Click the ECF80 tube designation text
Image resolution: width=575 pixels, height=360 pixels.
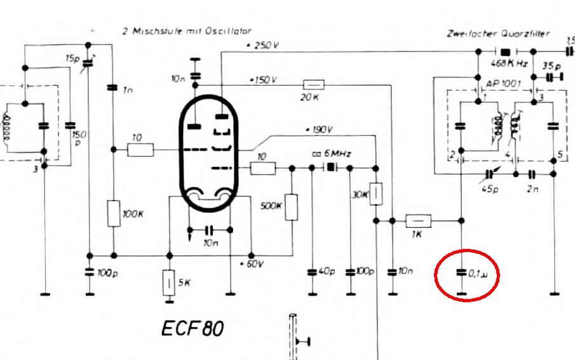[193, 329]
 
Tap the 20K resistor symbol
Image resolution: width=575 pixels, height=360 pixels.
[314, 84]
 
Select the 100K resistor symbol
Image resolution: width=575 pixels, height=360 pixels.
[113, 213]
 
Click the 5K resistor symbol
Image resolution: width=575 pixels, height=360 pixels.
[169, 283]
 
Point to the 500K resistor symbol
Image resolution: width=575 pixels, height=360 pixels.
[292, 206]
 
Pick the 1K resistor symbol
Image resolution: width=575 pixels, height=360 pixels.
[418, 221]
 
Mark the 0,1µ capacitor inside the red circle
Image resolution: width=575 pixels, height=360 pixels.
[462, 274]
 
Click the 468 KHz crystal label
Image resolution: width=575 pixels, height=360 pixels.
[509, 64]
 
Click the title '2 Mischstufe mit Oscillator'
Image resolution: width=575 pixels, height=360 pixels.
[187, 30]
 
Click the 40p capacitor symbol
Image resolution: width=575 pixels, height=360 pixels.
[312, 272]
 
